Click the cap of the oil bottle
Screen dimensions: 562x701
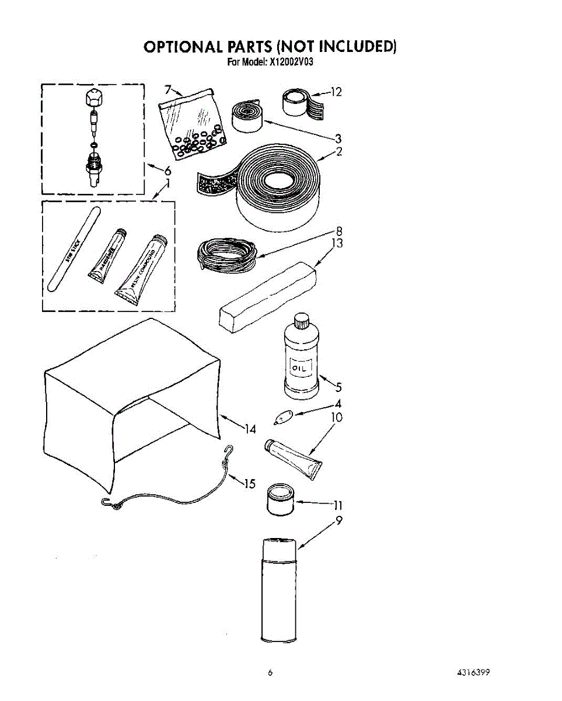301,320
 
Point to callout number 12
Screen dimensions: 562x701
335,92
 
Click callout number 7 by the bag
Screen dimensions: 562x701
167,89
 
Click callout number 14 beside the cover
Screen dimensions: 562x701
250,429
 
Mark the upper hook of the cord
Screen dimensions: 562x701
229,450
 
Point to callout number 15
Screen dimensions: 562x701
249,484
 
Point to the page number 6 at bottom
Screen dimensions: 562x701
270,672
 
